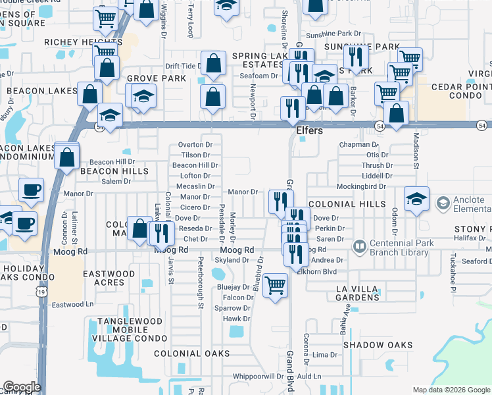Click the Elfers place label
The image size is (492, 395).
click(309, 131)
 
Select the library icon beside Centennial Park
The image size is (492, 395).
click(359, 247)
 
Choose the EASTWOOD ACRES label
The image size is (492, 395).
click(109, 278)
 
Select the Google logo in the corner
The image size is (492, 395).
click(21, 387)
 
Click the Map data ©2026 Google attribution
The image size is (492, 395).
click(451, 390)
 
